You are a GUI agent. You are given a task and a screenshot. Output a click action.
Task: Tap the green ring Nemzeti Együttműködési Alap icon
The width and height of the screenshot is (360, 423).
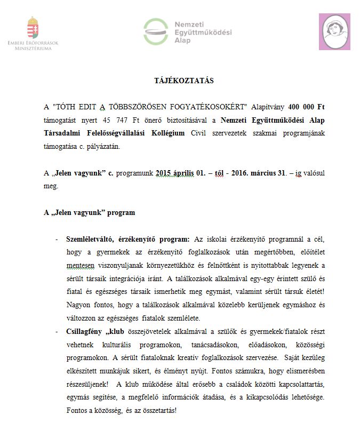(155, 31)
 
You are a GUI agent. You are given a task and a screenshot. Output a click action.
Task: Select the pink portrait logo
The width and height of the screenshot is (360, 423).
(334, 32)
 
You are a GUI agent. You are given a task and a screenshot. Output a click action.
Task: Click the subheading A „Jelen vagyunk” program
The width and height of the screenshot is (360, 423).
(89, 213)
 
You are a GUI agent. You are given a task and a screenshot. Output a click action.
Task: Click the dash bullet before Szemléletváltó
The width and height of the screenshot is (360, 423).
(57, 238)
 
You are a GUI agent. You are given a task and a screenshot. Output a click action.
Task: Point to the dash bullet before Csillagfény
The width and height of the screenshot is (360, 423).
(57, 331)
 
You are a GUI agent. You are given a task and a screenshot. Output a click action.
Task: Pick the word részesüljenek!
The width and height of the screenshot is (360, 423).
(86, 384)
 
